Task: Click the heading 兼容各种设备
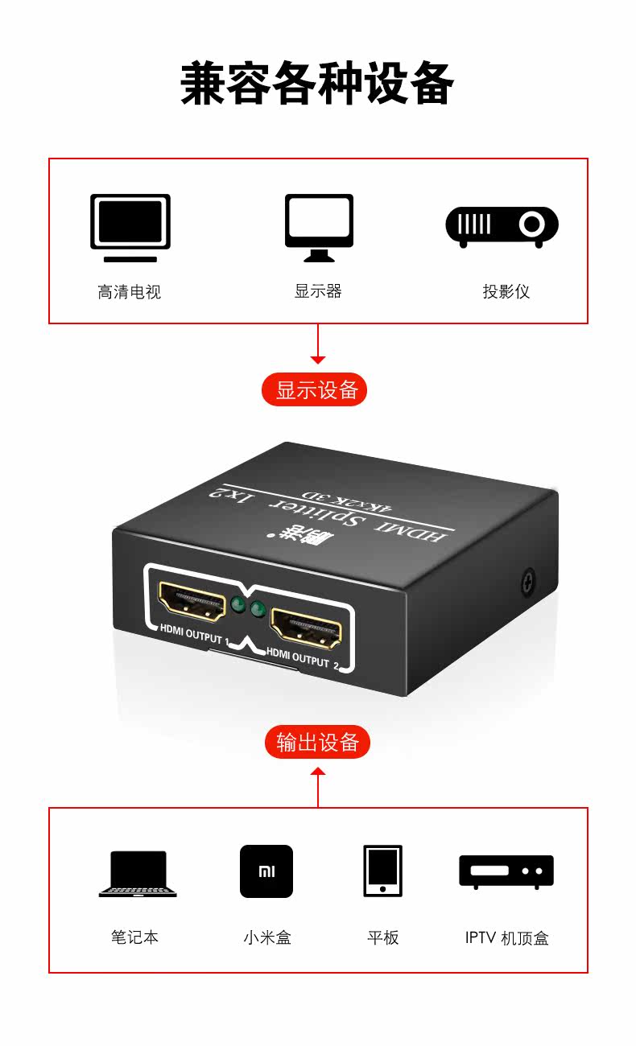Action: (317, 84)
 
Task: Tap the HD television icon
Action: (130, 227)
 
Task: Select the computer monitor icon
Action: (319, 227)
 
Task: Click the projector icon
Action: (502, 227)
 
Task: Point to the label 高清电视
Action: (130, 292)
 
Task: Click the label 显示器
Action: (318, 291)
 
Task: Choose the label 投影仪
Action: (506, 291)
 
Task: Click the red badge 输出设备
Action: (317, 742)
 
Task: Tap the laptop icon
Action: (138, 874)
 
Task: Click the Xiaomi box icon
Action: (266, 871)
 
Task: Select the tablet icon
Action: (382, 871)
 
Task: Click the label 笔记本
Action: (134, 937)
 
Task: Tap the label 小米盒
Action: (266, 937)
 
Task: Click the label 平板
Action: (382, 937)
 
